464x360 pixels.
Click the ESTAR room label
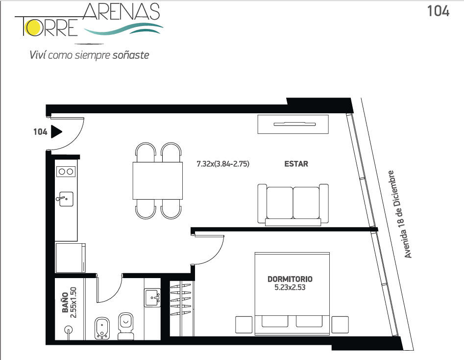pyautogui.click(x=296, y=164)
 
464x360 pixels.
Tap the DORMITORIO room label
pyautogui.click(x=290, y=279)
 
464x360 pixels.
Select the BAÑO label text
pyautogui.click(x=65, y=303)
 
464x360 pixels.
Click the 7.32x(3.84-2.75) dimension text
pyautogui.click(x=223, y=164)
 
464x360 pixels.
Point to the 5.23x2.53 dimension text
pyautogui.click(x=290, y=287)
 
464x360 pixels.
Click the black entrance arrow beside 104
pyautogui.click(x=56, y=131)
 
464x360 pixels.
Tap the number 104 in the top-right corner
pyautogui.click(x=438, y=11)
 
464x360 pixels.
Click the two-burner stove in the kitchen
pyautogui.click(x=66, y=172)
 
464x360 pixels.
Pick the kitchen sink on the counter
pyautogui.click(x=65, y=199)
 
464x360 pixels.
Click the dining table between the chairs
pyautogui.click(x=157, y=180)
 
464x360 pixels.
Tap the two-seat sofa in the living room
pyautogui.click(x=293, y=205)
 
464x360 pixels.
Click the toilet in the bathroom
pyautogui.click(x=126, y=326)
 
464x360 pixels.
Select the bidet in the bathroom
pyautogui.click(x=102, y=328)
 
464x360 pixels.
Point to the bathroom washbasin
pyautogui.click(x=152, y=298)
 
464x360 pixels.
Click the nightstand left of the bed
pyautogui.click(x=244, y=325)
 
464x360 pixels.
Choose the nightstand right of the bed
pyautogui.click(x=340, y=325)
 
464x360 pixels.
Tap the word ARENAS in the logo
pyautogui.click(x=122, y=12)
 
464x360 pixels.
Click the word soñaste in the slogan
pyautogui.click(x=131, y=55)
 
